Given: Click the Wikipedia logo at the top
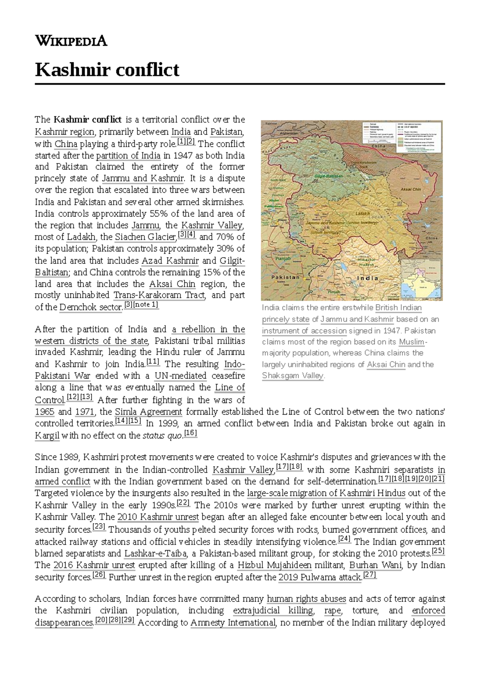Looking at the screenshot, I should tap(71, 41).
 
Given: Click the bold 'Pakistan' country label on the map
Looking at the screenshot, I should tap(285, 277).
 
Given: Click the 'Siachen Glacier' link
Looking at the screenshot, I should tap(145, 237).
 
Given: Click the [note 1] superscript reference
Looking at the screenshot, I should tap(146, 305).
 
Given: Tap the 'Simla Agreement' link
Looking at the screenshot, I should tap(148, 411).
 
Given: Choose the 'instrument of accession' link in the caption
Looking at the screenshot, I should tap(304, 331).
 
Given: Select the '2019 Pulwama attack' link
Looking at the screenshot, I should tap(320, 577).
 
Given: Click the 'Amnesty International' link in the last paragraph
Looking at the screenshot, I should tap(233, 623).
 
